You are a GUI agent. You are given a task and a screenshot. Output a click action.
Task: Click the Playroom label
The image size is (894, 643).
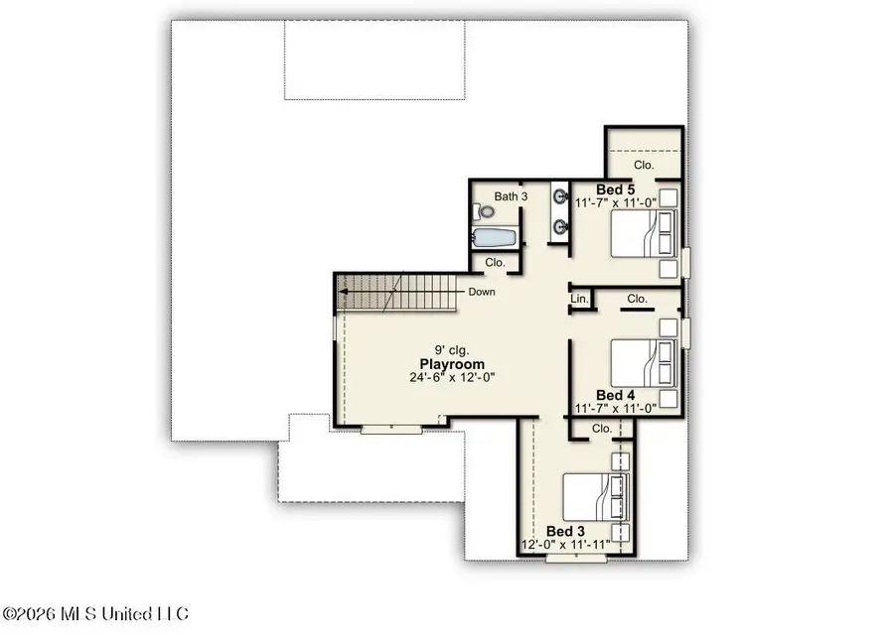tap(452, 364)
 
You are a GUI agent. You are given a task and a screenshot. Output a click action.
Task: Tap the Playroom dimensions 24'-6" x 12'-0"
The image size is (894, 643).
tap(452, 377)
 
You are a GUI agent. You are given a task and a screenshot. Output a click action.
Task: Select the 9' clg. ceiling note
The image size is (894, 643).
tap(452, 350)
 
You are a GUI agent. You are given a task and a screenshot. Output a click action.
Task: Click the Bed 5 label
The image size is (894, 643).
tap(615, 190)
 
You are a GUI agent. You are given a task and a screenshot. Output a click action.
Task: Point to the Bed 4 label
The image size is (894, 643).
tap(615, 395)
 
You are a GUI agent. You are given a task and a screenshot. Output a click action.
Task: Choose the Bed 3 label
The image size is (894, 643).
tap(565, 532)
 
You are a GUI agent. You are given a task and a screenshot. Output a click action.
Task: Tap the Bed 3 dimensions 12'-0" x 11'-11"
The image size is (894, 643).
tap(566, 545)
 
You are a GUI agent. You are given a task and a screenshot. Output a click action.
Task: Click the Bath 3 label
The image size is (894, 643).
tap(511, 196)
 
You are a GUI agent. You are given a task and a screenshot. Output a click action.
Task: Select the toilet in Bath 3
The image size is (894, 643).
tap(484, 212)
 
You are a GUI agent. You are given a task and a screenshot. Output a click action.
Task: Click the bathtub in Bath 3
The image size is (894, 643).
tap(495, 237)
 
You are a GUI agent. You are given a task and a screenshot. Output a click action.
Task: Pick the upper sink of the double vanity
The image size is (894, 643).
tap(560, 197)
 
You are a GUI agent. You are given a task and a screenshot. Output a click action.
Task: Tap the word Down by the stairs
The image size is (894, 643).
tap(482, 292)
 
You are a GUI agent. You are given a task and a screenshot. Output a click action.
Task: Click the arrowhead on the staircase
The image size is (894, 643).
tap(344, 292)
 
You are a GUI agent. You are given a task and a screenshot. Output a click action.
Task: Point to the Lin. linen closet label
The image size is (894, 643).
tap(579, 299)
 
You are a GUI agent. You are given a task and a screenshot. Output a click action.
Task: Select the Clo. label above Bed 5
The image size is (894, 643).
tap(644, 165)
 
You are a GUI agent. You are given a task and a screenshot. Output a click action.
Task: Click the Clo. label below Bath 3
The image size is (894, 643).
tap(495, 263)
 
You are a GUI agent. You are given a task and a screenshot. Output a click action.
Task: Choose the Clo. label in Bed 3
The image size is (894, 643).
tap(602, 429)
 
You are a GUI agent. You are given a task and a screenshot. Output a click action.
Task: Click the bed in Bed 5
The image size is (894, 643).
tap(644, 233)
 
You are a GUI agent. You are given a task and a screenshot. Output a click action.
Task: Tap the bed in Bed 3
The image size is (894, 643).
tap(596, 496)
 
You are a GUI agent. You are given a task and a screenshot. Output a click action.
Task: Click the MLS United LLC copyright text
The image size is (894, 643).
tap(95, 614)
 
